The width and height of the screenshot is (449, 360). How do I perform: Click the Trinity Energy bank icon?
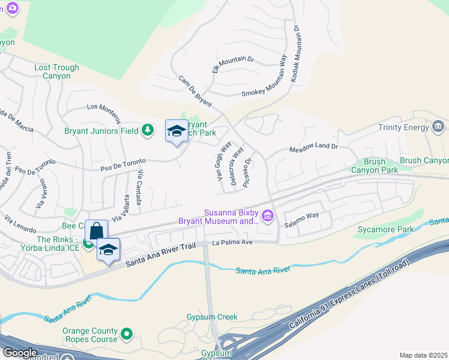(x=438, y=127)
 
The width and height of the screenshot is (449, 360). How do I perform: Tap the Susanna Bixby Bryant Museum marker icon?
(x=268, y=216)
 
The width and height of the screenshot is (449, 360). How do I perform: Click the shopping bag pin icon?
(x=96, y=232)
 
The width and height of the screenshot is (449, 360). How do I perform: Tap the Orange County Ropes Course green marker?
(x=126, y=334)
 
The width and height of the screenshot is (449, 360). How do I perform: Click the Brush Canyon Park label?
(x=381, y=166)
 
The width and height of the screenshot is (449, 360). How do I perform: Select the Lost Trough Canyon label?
(x=56, y=72)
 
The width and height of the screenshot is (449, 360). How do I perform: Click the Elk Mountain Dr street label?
(x=234, y=65)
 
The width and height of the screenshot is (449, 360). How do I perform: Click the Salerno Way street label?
(x=301, y=215)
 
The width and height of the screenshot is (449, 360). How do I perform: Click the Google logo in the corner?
(x=20, y=353)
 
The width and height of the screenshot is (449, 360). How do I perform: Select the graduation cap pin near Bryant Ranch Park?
(x=176, y=131)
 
